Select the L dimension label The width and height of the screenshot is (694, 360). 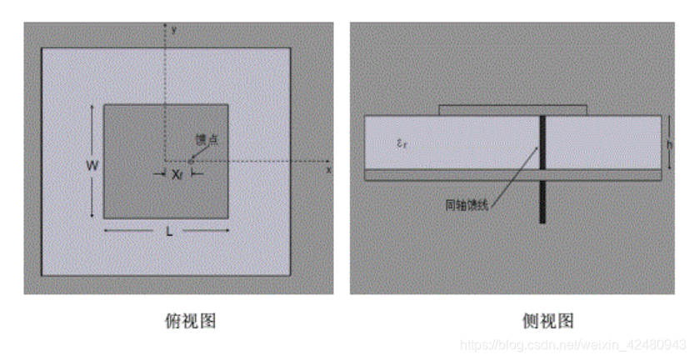pos(169,232)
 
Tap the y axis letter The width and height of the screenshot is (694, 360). pos(173,28)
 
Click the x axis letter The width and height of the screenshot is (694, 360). pos(328,169)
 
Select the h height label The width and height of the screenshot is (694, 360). pos(672,142)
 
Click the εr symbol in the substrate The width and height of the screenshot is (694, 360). pos(403,143)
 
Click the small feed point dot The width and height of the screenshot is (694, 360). pos(191,159)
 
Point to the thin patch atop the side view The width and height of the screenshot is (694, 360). pos(513,110)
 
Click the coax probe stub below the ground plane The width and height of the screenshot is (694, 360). pos(542,202)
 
